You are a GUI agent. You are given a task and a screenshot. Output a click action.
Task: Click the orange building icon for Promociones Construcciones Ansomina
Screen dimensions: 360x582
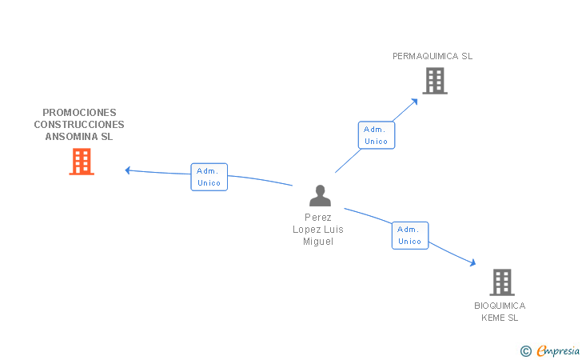point(82,162)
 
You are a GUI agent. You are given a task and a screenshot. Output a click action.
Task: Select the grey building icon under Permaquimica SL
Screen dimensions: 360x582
point(434,80)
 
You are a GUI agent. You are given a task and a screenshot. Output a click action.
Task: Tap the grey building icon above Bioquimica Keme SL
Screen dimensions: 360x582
point(501,282)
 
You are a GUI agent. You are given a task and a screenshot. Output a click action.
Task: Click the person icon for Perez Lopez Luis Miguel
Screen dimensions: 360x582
point(320,196)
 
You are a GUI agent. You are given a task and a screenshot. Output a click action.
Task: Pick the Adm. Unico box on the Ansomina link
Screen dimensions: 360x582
point(209,177)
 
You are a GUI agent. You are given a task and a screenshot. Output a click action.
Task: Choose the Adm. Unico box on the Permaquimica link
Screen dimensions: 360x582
point(376,135)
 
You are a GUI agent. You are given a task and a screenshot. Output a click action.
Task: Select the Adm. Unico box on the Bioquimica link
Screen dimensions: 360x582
point(409,235)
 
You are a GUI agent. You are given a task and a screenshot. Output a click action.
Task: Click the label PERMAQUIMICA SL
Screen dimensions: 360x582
point(433,56)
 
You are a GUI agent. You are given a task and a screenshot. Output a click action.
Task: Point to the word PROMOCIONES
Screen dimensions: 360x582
point(79,113)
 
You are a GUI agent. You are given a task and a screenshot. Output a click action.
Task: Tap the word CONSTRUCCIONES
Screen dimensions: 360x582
point(79,125)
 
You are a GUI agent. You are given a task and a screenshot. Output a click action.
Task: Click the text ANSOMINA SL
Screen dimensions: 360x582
point(79,137)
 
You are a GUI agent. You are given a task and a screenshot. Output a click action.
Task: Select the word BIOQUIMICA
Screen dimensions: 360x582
point(500,306)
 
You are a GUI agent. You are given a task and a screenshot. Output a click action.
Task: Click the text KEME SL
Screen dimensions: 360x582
point(500,318)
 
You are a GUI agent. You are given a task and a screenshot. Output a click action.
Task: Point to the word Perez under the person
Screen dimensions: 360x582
point(317,218)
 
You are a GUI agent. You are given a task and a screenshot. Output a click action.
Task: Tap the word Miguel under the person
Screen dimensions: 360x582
point(317,242)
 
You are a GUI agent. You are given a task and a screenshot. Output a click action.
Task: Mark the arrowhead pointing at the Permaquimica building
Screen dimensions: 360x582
point(414,101)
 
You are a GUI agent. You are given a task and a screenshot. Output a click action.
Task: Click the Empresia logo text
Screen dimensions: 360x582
point(558,350)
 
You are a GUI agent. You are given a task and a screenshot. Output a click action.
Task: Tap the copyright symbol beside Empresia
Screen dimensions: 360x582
point(525,350)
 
